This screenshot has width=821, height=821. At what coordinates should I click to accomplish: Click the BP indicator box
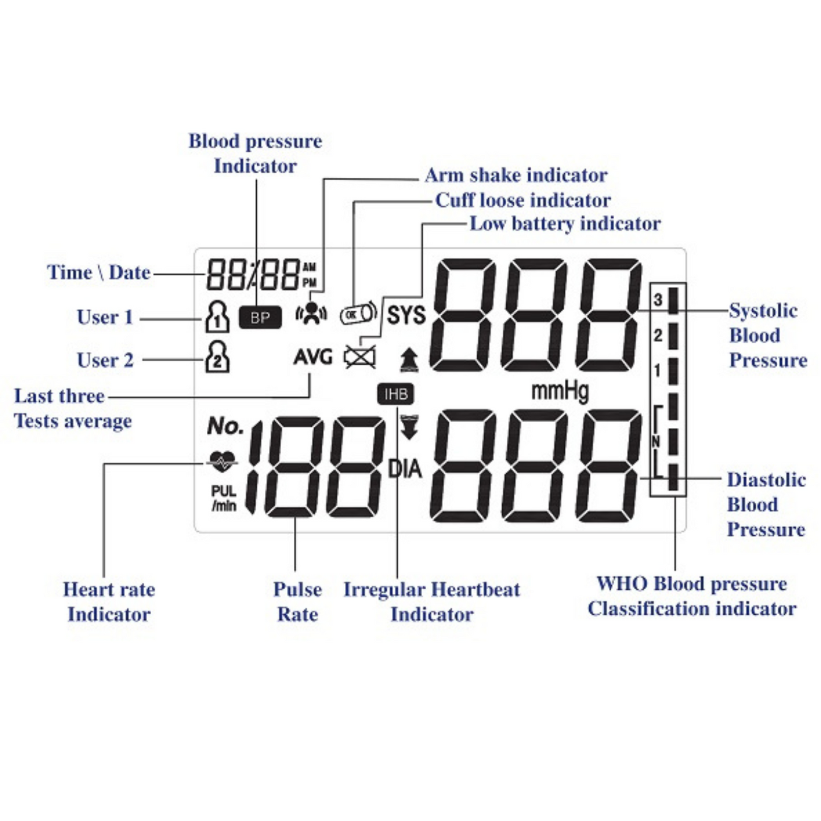point(260,318)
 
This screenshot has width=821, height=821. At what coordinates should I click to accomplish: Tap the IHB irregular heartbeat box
point(395,394)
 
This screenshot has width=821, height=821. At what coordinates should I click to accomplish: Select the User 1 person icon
point(217,316)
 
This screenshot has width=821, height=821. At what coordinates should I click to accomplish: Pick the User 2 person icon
point(217,357)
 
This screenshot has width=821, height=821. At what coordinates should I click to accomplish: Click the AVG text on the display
point(312,357)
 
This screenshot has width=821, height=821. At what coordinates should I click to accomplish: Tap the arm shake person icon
point(311,312)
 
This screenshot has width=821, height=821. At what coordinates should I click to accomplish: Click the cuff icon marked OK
point(358,313)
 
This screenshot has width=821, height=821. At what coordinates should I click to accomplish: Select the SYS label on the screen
point(406,315)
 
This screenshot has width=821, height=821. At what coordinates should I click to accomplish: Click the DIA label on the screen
point(405,469)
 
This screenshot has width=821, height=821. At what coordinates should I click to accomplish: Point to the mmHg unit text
point(560,391)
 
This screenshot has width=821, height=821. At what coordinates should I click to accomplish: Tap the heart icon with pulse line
point(222,461)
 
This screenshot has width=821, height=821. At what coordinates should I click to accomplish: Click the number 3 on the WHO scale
point(658,299)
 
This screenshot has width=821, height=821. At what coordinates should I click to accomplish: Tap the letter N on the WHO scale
point(656,441)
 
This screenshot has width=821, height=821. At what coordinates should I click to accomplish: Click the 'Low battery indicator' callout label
point(565,224)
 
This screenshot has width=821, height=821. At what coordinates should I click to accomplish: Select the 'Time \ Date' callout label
point(98,273)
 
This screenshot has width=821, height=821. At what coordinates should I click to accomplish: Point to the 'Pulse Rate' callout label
point(297,602)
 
